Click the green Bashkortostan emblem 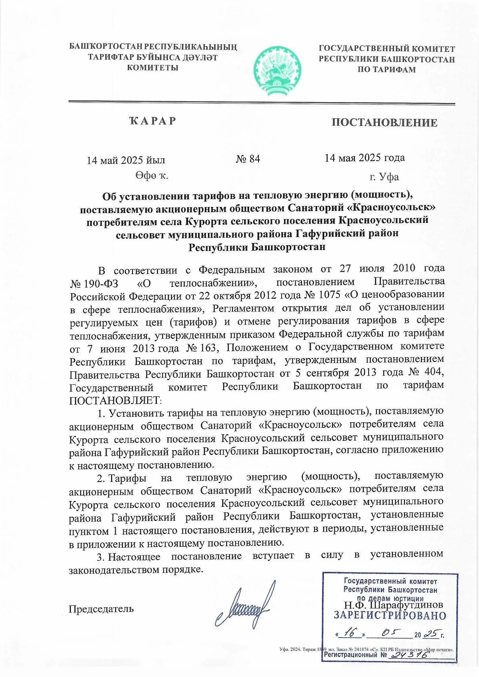(277, 71)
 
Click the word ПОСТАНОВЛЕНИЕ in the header (384, 122)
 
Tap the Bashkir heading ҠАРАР (153, 121)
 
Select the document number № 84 (248, 159)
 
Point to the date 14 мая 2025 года (364, 158)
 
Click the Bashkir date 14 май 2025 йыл (126, 160)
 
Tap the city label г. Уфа (384, 177)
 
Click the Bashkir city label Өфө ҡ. (152, 176)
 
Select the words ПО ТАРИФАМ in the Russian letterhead (387, 70)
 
